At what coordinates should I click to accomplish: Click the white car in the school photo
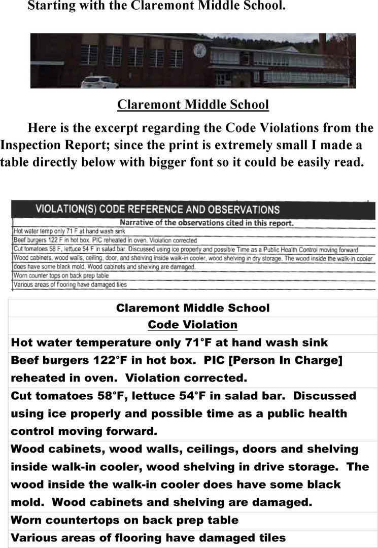click(100, 82)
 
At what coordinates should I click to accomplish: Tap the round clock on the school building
click(199, 50)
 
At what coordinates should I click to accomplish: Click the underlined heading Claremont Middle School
click(193, 105)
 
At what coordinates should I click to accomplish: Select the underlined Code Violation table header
click(192, 325)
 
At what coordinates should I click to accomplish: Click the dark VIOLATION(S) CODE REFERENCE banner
click(193, 209)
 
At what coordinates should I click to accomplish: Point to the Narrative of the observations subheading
click(206, 222)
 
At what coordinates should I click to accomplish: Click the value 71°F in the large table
click(196, 342)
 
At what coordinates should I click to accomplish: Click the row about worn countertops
click(124, 520)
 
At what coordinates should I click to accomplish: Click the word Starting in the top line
click(53, 7)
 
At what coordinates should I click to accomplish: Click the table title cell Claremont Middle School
click(193, 308)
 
